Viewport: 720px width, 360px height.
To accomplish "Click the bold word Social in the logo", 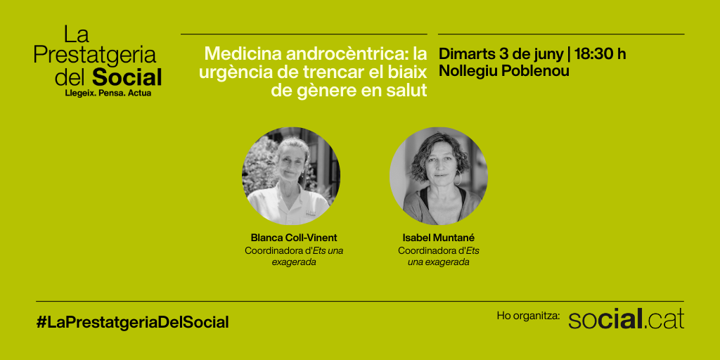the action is click(x=127, y=77).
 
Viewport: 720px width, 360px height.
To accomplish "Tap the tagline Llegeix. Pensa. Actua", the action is click(x=108, y=94).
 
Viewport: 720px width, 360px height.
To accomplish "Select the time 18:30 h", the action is click(x=600, y=53).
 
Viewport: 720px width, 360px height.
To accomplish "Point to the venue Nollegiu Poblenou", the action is click(x=503, y=71).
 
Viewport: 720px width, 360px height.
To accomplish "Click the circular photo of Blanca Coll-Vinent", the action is click(x=291, y=176).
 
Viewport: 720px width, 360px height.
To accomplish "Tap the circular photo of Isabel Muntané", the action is click(x=439, y=176).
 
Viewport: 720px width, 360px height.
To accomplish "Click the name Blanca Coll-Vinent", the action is click(x=294, y=238).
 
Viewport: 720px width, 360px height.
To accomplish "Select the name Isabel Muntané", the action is click(x=439, y=238).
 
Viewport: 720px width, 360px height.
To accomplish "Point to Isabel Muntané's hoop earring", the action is click(x=458, y=177).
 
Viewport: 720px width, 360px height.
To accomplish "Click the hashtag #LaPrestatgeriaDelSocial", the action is click(x=132, y=322).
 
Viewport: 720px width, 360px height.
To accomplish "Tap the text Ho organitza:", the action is click(x=528, y=316).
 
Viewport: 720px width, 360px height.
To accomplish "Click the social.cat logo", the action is click(x=626, y=319).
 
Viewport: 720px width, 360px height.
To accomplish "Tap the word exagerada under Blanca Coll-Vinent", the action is click(x=294, y=263).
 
